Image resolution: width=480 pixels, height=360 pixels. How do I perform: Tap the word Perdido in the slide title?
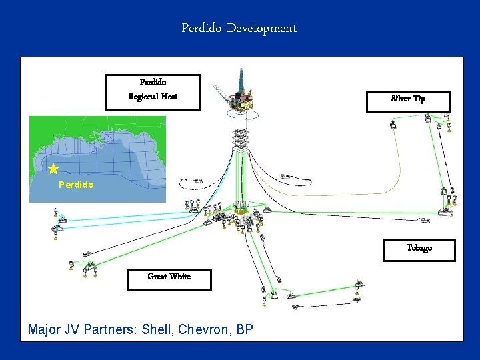tap(201, 29)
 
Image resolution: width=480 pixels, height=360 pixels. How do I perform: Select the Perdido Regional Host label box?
tap(153, 91)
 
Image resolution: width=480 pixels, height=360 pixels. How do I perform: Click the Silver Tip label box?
tap(408, 99)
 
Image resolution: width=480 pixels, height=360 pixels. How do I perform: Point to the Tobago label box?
tap(419, 249)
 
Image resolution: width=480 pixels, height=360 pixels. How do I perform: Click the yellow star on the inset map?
tap(53, 169)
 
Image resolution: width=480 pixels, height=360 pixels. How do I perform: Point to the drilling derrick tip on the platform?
tap(241, 70)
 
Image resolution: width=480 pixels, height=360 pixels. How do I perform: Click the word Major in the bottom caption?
tap(44, 329)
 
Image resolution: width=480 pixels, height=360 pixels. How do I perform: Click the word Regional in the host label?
tap(143, 97)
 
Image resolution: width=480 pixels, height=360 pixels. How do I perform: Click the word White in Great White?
tap(180, 277)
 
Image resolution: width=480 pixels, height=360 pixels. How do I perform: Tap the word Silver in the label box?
tap(401, 99)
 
